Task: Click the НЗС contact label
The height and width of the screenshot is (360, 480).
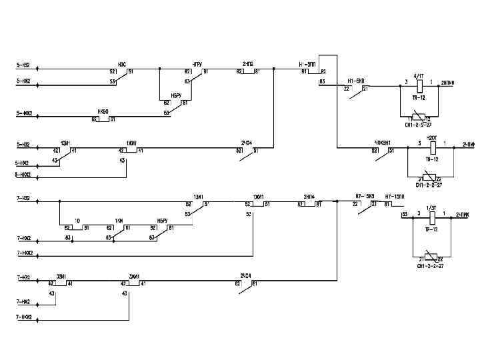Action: pyautogui.click(x=122, y=64)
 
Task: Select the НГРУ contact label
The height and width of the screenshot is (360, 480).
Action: pyautogui.click(x=197, y=64)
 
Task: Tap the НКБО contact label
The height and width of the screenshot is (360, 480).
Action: pyautogui.click(x=103, y=111)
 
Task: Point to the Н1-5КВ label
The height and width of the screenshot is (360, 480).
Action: pyautogui.click(x=355, y=78)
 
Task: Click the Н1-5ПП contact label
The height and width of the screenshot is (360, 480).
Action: pyautogui.click(x=307, y=64)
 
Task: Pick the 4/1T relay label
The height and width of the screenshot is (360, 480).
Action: pyautogui.click(x=419, y=76)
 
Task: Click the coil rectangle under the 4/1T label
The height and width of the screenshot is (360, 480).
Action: pyautogui.click(x=419, y=85)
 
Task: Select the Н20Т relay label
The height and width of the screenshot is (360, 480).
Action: pyautogui.click(x=431, y=137)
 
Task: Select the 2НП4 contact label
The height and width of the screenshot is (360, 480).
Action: pyautogui.click(x=309, y=197)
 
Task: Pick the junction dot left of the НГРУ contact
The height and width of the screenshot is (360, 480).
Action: pyautogui.click(x=160, y=68)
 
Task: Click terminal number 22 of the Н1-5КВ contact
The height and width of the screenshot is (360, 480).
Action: pyautogui.click(x=346, y=88)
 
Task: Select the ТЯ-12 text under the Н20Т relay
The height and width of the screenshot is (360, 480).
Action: pyautogui.click(x=431, y=160)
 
